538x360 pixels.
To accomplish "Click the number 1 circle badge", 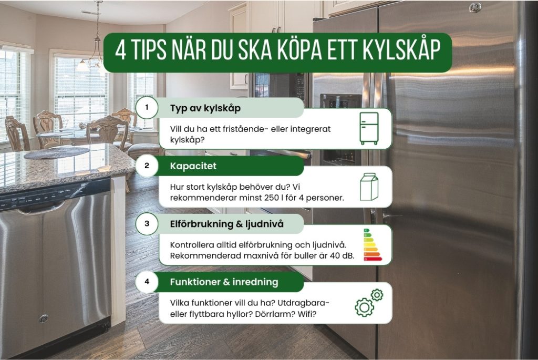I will tap(147, 108).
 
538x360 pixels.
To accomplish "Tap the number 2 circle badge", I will tap(147, 166).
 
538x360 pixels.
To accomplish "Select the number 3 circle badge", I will tap(147, 224).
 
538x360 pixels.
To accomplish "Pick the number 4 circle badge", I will tap(147, 282).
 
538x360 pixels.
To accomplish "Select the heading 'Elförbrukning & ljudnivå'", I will tap(226, 224).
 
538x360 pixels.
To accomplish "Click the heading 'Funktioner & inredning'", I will tap(224, 282).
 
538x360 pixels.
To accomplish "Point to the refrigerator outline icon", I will tap(368, 128).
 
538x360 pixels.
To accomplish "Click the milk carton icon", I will tap(369, 187).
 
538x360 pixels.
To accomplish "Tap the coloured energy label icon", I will tap(372, 245).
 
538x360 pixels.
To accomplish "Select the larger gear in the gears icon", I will tap(364, 306).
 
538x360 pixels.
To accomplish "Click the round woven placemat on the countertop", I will tap(57, 152).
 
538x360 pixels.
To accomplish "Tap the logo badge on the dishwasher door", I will tap(44, 318).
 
